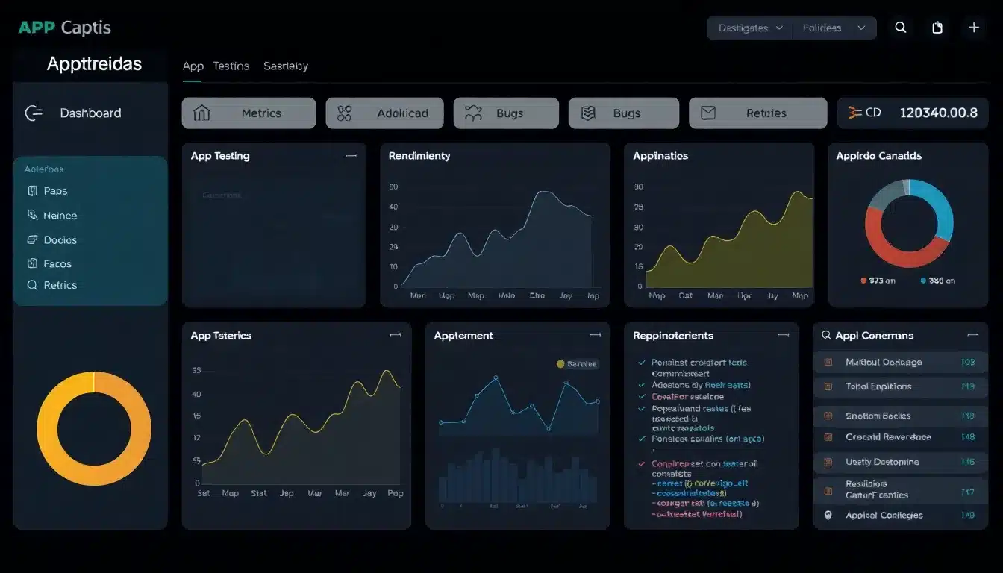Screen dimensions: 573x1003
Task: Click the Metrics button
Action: pyautogui.click(x=249, y=113)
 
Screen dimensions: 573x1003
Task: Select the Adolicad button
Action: pyautogui.click(x=384, y=113)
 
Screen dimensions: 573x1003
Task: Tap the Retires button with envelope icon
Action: pyautogui.click(x=757, y=113)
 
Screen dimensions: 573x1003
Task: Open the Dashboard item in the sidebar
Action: pyautogui.click(x=90, y=113)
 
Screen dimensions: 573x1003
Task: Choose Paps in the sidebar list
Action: pyautogui.click(x=55, y=191)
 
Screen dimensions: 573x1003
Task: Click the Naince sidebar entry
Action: pyautogui.click(x=60, y=216)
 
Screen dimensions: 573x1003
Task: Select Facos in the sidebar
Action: pyautogui.click(x=57, y=263)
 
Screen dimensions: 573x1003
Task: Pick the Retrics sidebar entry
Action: pyautogui.click(x=60, y=285)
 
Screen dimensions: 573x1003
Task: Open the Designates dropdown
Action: pyautogui.click(x=749, y=28)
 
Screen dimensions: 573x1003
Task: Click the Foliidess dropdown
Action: pyautogui.click(x=833, y=28)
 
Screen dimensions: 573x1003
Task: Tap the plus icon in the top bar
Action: pyautogui.click(x=974, y=28)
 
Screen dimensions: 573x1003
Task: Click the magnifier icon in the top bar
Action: pyautogui.click(x=901, y=28)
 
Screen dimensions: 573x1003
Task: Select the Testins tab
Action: pyautogui.click(x=231, y=66)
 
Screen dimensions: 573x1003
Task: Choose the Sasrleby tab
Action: pyautogui.click(x=285, y=66)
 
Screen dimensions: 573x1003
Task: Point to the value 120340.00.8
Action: pyautogui.click(x=938, y=113)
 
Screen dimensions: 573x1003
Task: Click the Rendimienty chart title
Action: pyautogui.click(x=419, y=156)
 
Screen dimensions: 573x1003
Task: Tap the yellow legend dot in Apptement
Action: pyautogui.click(x=560, y=364)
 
